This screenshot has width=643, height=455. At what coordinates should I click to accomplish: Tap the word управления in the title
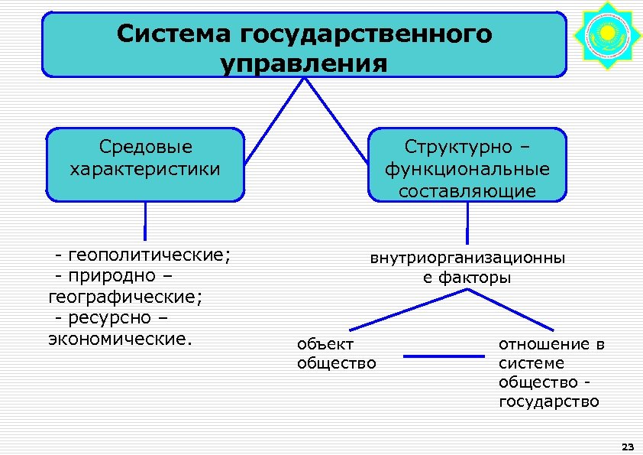coord(304,63)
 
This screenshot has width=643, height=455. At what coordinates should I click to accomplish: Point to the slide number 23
coord(628,446)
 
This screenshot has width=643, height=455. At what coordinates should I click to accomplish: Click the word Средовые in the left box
coord(145,146)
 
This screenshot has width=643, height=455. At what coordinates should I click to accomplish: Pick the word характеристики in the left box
coord(145,168)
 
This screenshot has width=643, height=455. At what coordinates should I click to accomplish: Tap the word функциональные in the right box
coord(467,168)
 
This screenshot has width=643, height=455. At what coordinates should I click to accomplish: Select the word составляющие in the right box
coord(467,190)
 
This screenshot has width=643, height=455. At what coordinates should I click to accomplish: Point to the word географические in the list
coord(124,296)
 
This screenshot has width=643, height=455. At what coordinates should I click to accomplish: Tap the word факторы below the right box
coord(476,278)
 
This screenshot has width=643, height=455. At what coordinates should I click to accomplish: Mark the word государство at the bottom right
coord(548,401)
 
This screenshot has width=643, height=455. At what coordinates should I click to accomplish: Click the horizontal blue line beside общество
coord(444,356)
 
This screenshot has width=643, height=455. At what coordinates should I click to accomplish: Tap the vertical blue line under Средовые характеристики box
coord(144,221)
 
